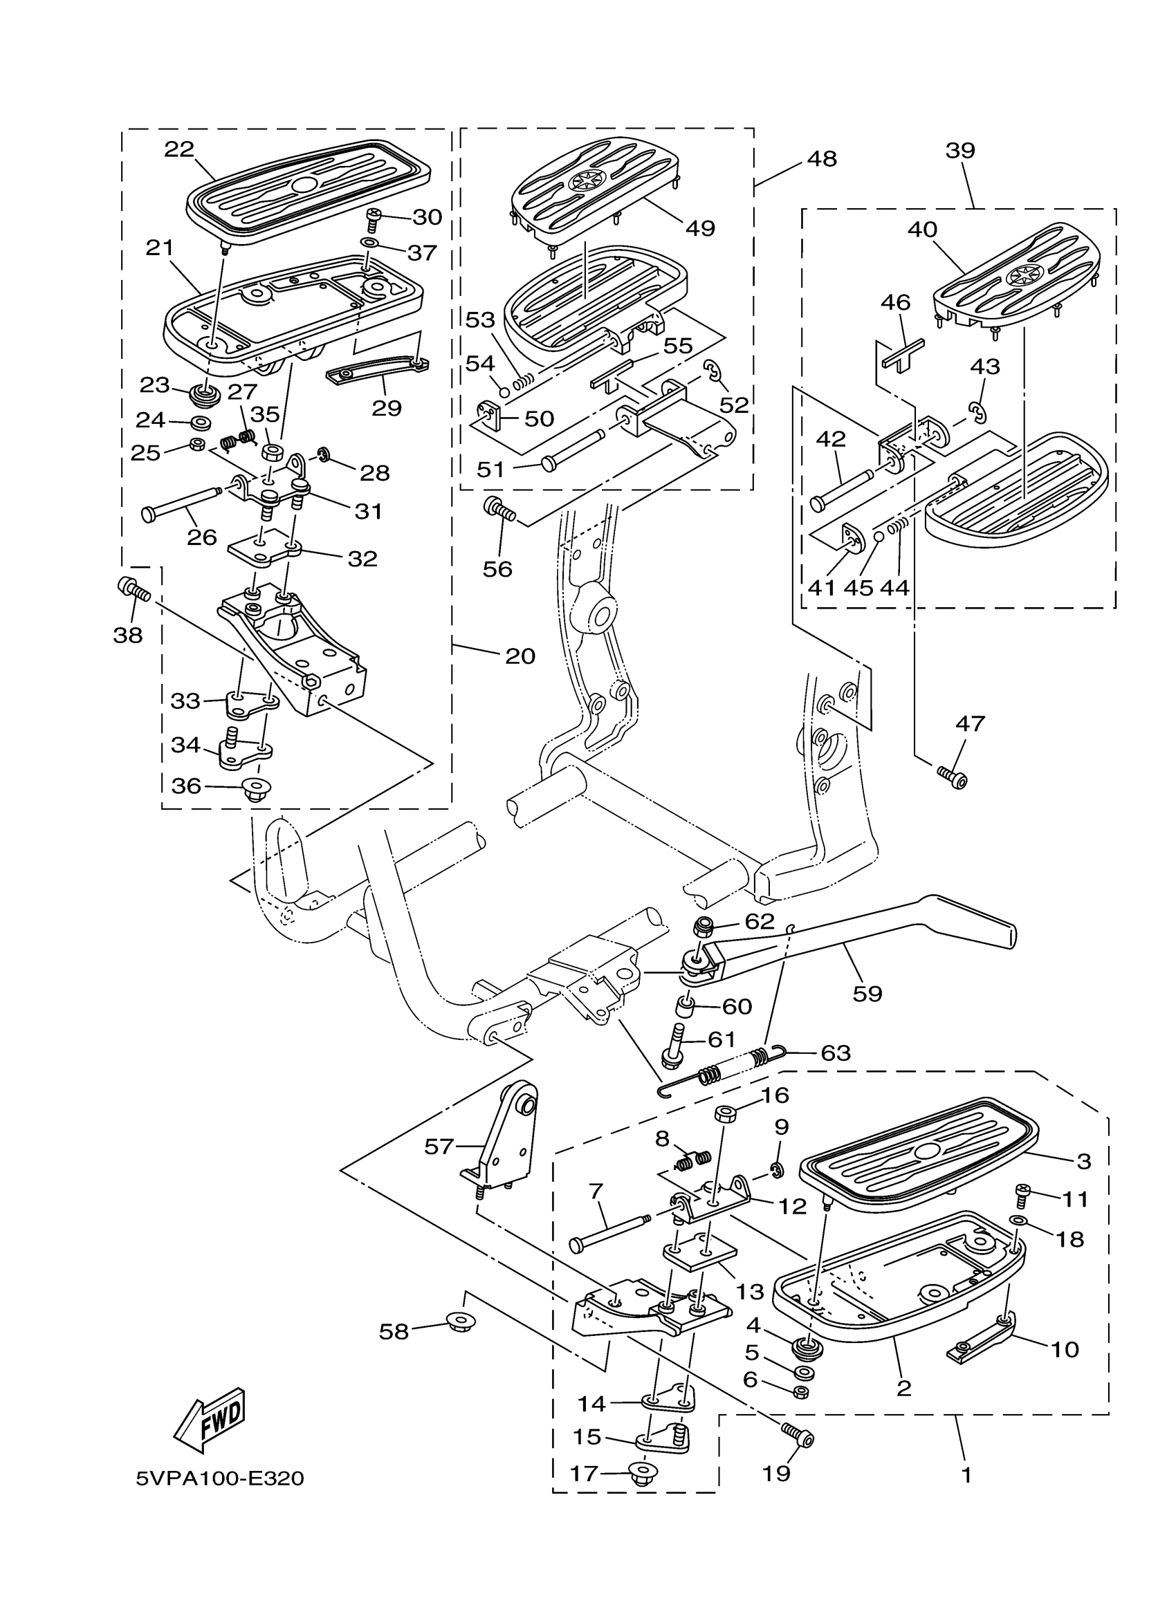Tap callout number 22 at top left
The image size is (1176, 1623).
point(179,149)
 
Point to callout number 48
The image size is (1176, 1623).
point(821,159)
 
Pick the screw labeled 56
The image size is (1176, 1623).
point(499,509)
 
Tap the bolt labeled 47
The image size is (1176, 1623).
point(952,775)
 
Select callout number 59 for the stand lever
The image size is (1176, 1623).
point(867,993)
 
